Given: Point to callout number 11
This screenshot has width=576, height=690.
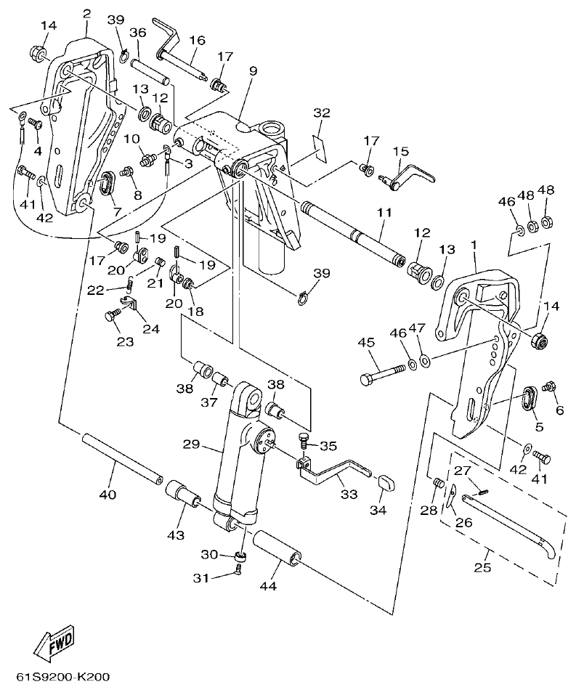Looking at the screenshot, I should click(384, 213).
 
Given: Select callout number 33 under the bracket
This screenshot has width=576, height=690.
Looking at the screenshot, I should click(349, 494).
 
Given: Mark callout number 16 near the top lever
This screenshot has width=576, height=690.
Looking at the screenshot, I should click(196, 39).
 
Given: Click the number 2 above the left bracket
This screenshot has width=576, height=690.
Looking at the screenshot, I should click(87, 14).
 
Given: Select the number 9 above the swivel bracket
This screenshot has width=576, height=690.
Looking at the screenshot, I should click(253, 71).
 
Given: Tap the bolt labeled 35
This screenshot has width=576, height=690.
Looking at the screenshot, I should click(304, 438).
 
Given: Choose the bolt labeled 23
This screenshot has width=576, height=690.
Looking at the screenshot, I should click(111, 315).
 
